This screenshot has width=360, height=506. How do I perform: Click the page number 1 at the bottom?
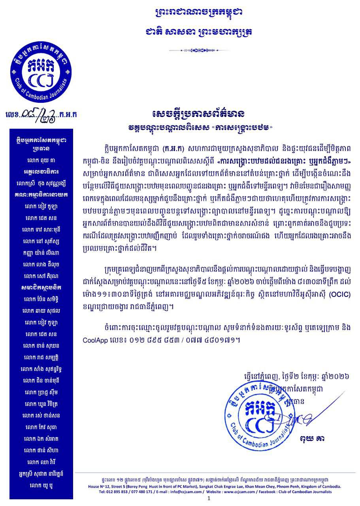coord(209,499)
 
